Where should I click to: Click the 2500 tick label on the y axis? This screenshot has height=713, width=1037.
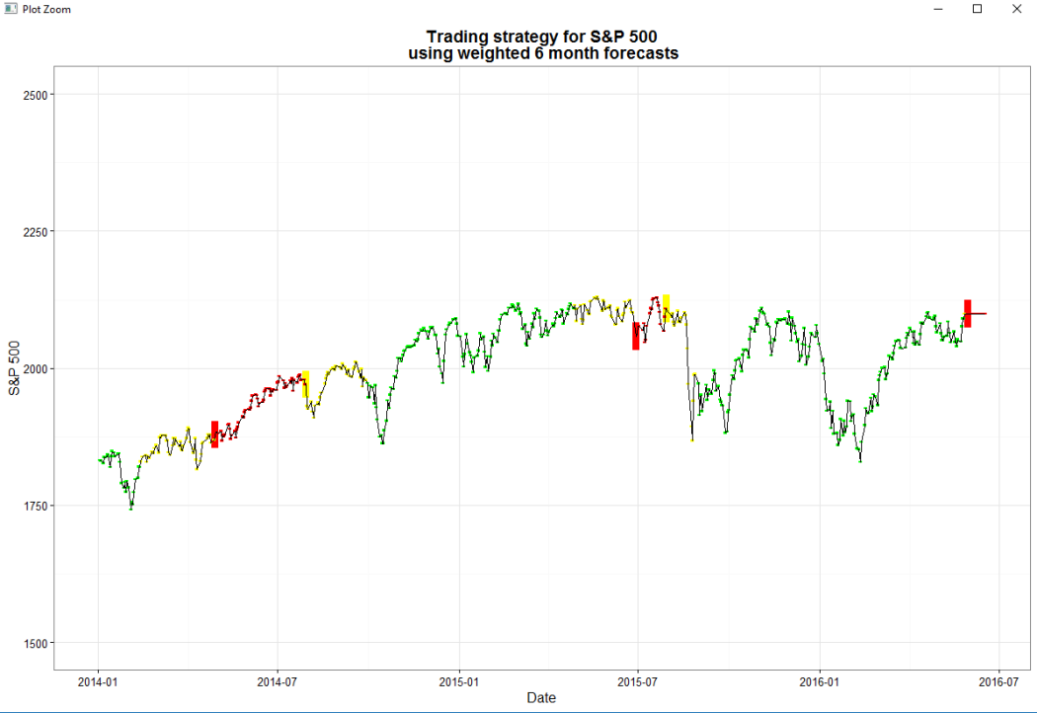[37, 95]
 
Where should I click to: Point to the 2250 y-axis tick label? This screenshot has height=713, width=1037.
[37, 231]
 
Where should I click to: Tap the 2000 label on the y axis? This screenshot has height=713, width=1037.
[37, 368]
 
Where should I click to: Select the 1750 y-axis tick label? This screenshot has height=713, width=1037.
[37, 506]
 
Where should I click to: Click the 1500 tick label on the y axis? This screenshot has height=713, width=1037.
[37, 643]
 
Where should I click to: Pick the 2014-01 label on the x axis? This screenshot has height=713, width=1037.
[97, 681]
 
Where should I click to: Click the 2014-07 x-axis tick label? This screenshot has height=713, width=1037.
[278, 681]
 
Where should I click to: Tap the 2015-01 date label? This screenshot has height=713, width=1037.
[458, 681]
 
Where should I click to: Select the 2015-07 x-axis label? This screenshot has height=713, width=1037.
[637, 681]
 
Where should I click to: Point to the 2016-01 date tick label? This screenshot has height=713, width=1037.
[819, 681]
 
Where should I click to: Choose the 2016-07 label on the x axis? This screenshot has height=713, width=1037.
[997, 681]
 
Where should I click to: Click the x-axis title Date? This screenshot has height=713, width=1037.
[541, 698]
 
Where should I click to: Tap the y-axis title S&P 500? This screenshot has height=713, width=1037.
[15, 368]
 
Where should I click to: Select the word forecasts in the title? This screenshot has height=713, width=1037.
[638, 53]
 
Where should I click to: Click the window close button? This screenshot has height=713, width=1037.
[1016, 9]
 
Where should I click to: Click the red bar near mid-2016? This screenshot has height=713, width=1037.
[968, 313]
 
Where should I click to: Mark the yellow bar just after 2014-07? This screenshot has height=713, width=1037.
[306, 383]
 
